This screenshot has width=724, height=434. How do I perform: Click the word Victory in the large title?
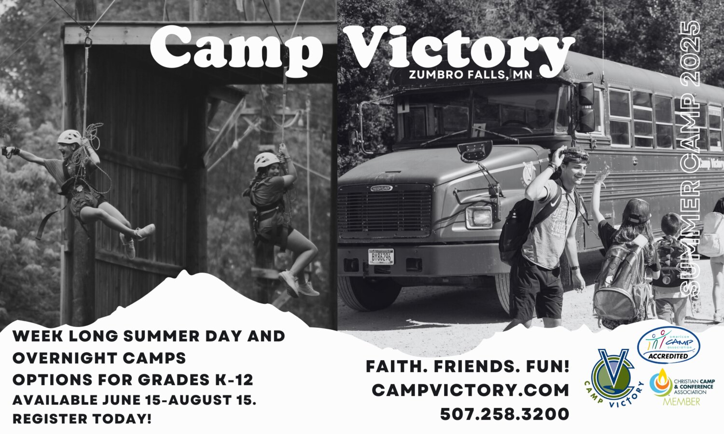(459, 52)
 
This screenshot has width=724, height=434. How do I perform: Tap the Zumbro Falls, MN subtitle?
(470, 75)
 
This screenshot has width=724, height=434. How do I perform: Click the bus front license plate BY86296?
(381, 257)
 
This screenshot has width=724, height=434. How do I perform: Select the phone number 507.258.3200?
(504, 414)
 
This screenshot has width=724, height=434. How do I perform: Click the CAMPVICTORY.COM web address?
(470, 390)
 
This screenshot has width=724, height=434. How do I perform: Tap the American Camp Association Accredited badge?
(668, 345)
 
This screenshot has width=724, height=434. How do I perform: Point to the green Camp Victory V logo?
(613, 378)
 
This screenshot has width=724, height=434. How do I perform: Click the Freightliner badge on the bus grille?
(381, 188)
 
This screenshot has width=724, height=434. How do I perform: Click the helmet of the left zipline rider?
(70, 137)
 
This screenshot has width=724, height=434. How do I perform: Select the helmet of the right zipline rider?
(266, 161)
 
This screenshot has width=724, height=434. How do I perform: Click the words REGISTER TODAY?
(82, 419)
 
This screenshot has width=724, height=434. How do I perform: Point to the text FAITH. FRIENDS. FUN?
(467, 366)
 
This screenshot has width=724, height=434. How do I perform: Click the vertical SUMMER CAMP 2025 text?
(690, 158)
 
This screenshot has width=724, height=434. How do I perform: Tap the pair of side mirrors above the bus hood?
(586, 107)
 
